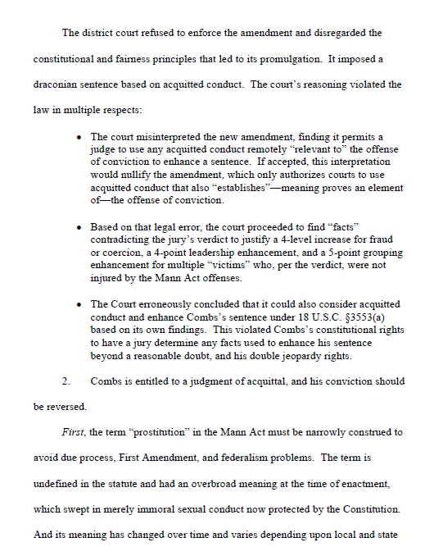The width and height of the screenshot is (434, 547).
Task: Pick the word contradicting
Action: pyautogui.click(x=128, y=238)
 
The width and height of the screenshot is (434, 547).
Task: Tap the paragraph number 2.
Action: pyautogui.click(x=66, y=381)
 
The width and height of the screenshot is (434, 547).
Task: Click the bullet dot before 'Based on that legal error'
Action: pyautogui.click(x=78, y=226)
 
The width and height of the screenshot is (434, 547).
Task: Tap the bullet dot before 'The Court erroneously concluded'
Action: pyautogui.click(x=78, y=304)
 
